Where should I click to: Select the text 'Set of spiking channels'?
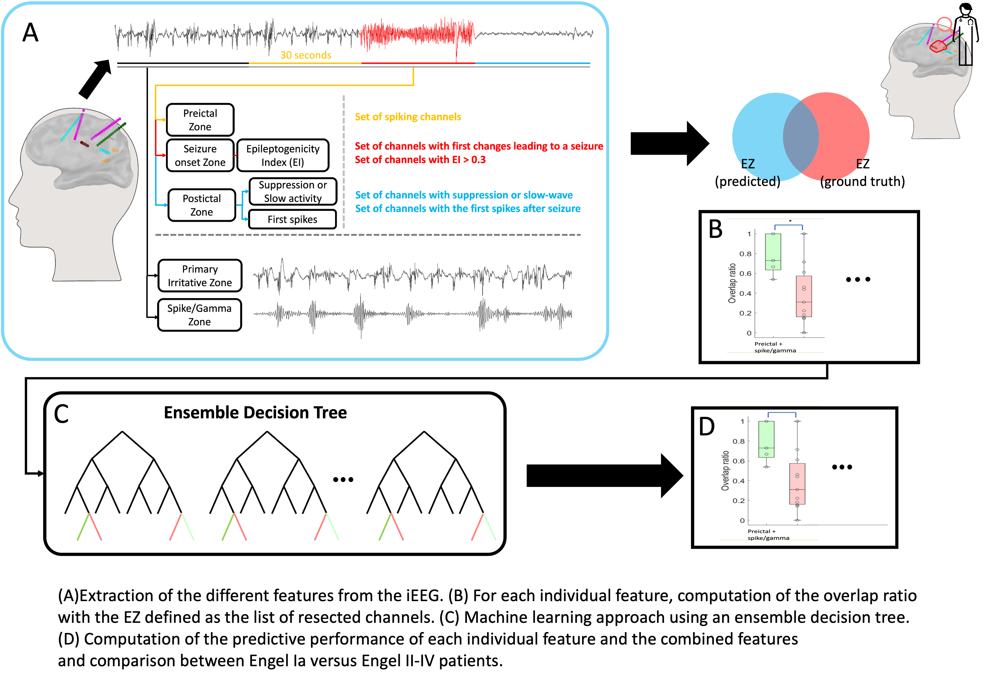[x=408, y=117]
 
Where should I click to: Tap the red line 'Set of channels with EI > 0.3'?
[x=420, y=160]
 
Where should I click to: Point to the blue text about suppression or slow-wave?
[x=464, y=195]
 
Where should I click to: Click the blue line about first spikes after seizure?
[x=468, y=209]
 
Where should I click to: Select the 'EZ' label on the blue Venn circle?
[x=748, y=164]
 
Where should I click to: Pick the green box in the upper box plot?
[x=773, y=252]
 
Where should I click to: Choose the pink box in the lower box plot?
[x=797, y=484]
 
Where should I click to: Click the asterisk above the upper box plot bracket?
[x=790, y=221]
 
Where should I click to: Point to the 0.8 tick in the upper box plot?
[x=745, y=254]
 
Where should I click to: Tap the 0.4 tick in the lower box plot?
[x=738, y=481]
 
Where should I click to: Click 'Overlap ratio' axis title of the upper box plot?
[x=732, y=283]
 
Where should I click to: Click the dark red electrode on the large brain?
[x=85, y=145]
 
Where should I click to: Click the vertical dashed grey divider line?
[x=344, y=162]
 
